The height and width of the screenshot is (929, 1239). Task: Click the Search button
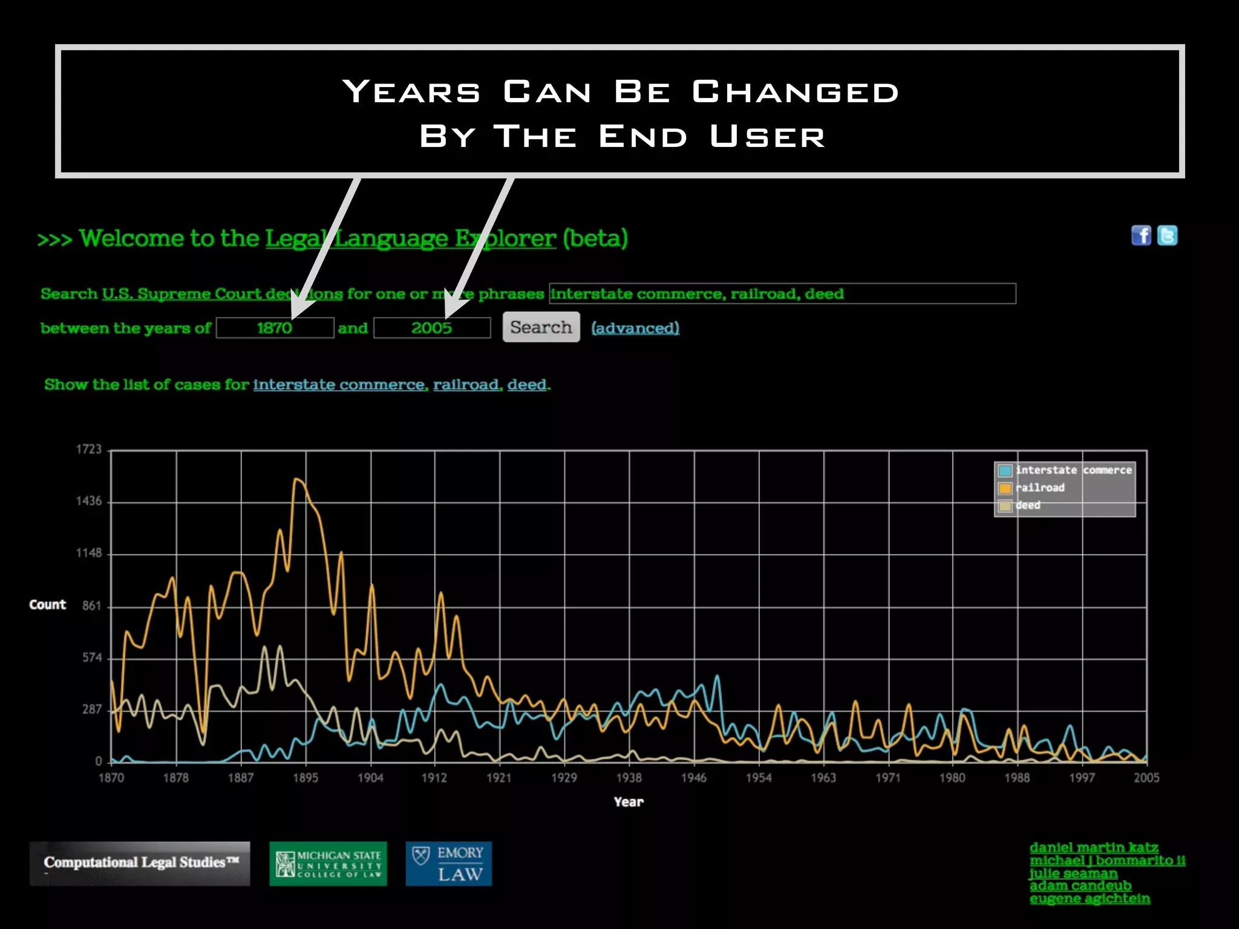click(541, 327)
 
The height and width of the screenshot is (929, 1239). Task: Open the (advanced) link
click(635, 328)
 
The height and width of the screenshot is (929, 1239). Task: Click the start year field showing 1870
click(275, 328)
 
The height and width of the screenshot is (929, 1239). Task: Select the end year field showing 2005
click(432, 328)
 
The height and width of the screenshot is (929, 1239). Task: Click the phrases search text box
click(782, 293)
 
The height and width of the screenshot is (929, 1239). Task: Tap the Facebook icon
click(1141, 235)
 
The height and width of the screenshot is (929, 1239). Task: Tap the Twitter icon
click(1167, 235)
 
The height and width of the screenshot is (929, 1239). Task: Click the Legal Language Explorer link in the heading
click(410, 238)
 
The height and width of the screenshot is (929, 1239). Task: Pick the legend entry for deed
click(1028, 505)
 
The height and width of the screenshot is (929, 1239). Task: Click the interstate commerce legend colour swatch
click(1005, 471)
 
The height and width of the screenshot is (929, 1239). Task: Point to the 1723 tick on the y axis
click(89, 449)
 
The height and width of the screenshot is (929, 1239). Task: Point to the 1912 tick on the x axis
click(434, 778)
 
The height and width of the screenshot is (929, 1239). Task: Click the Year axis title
click(629, 802)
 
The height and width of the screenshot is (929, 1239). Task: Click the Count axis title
click(47, 605)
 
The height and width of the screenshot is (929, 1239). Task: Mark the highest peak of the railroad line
click(296, 479)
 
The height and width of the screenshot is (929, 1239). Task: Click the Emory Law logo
click(448, 864)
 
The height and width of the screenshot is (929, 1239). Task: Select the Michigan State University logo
click(328, 864)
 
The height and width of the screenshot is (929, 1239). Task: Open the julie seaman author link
click(1073, 873)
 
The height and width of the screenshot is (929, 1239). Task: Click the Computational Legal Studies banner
click(140, 864)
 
